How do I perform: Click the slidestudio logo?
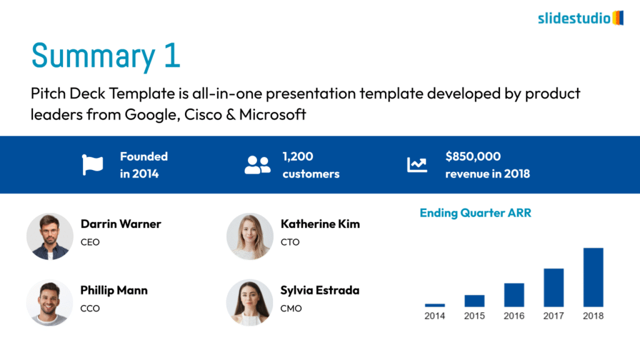click(581, 18)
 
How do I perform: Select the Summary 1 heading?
click(106, 56)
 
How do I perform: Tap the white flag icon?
click(92, 165)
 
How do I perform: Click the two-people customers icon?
click(257, 165)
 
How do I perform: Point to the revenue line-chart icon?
click(417, 165)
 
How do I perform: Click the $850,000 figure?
click(473, 156)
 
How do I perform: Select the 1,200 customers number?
click(298, 156)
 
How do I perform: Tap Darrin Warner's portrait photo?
click(50, 236)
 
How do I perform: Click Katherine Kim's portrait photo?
click(250, 236)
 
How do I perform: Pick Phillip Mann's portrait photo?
click(50, 302)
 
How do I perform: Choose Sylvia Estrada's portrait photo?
click(250, 302)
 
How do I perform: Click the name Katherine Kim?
click(321, 224)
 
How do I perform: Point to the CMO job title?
click(291, 309)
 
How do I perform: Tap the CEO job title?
click(90, 242)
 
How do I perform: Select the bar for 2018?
click(593, 277)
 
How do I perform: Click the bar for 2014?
click(435, 305)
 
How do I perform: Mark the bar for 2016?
click(514, 295)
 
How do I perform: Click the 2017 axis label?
click(554, 316)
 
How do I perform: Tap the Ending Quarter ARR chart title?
click(476, 213)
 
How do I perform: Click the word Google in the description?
click(152, 115)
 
